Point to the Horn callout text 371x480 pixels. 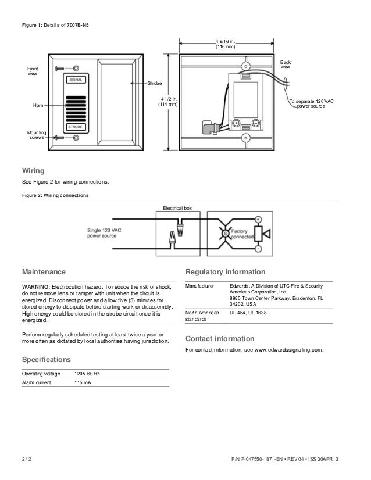tap(38, 106)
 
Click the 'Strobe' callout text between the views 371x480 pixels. tap(154, 84)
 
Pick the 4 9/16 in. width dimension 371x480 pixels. tap(225, 44)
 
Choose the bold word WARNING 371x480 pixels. tap(35, 287)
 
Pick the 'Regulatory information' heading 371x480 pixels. tap(224, 272)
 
